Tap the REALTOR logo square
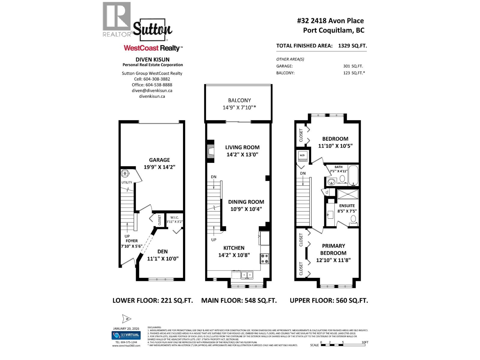[117, 16]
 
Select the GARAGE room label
[159, 160]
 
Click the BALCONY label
[239, 100]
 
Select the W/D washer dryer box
[302, 155]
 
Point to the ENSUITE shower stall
[348, 194]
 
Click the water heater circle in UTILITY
[125, 173]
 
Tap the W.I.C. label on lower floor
[175, 217]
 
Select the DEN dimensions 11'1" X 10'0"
[163, 258]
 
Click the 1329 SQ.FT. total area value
[352, 46]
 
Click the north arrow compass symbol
[127, 319]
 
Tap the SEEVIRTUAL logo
[126, 335]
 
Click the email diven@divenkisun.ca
[152, 91]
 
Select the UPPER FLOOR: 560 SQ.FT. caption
[328, 300]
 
